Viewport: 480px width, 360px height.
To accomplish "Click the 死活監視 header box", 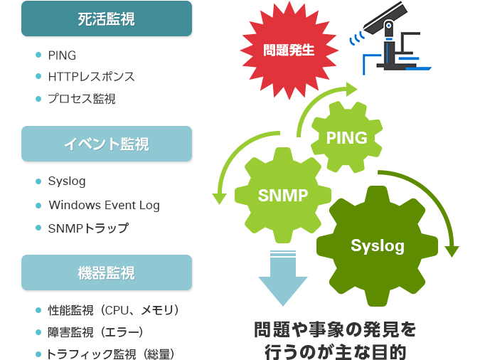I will pyautogui.click(x=107, y=18).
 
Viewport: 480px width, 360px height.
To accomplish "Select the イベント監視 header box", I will pyautogui.click(x=107, y=144).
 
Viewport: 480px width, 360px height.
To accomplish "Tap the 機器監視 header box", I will pyautogui.click(x=107, y=272).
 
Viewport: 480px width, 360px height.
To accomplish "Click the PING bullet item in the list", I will pyautogui.click(x=62, y=55).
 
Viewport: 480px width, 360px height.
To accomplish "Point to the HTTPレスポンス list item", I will pyautogui.click(x=91, y=77).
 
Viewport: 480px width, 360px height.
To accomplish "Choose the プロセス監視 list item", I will pyautogui.click(x=81, y=99).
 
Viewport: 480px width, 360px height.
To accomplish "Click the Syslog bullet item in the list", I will pyautogui.click(x=67, y=181).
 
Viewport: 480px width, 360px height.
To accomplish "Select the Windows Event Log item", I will pyautogui.click(x=104, y=205).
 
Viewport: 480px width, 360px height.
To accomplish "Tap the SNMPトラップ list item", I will pyautogui.click(x=88, y=228).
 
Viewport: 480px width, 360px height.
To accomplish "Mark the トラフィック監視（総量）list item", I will pyautogui.click(x=110, y=354).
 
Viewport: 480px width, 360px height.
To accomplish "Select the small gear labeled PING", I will pyautogui.click(x=346, y=138).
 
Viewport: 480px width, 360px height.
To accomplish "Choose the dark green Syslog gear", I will pyautogui.click(x=377, y=246).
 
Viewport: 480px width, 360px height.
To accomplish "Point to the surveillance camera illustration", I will pyautogui.click(x=391, y=43).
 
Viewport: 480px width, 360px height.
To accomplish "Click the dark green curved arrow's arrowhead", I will pyautogui.click(x=451, y=250).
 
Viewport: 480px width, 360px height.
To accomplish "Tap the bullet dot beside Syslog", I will pyautogui.click(x=38, y=181).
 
